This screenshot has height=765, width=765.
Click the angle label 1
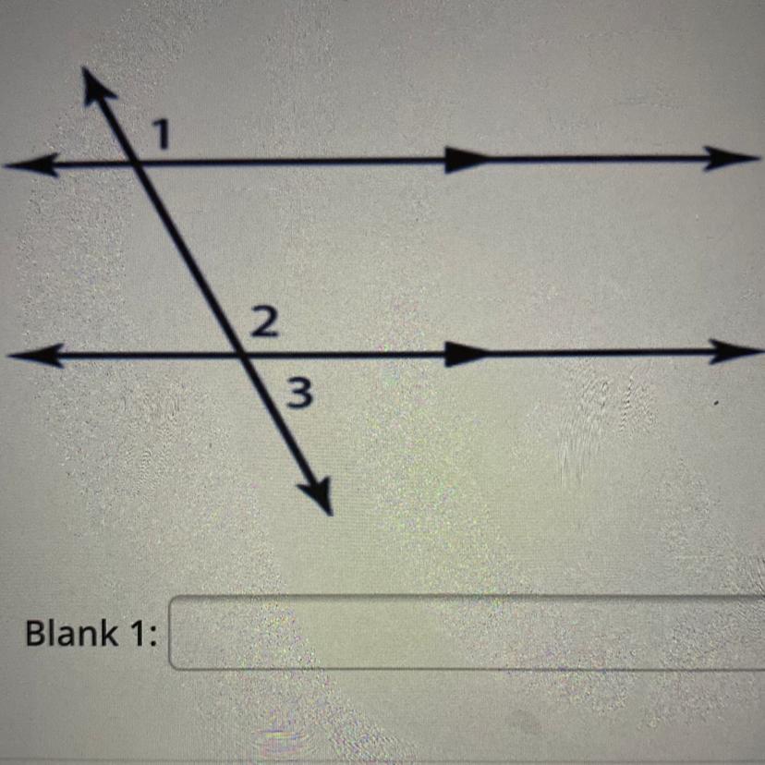(x=163, y=136)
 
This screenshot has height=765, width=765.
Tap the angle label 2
(x=261, y=323)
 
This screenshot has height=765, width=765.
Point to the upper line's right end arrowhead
(x=735, y=159)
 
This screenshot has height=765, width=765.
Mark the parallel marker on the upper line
(x=465, y=161)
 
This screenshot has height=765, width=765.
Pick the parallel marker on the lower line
(x=465, y=353)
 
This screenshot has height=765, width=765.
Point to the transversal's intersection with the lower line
(x=239, y=354)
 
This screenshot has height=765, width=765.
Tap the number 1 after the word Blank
(x=136, y=635)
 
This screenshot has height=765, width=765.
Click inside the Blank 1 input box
(x=462, y=633)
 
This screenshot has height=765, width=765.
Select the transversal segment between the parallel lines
(x=188, y=259)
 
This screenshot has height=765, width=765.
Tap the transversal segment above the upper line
(x=116, y=125)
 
